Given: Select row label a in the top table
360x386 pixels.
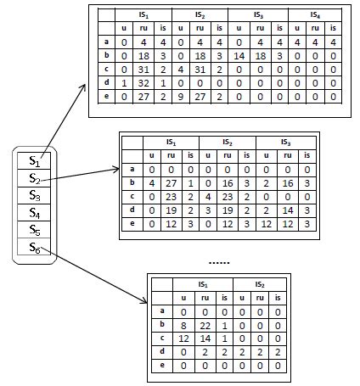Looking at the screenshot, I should pos(106,41).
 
